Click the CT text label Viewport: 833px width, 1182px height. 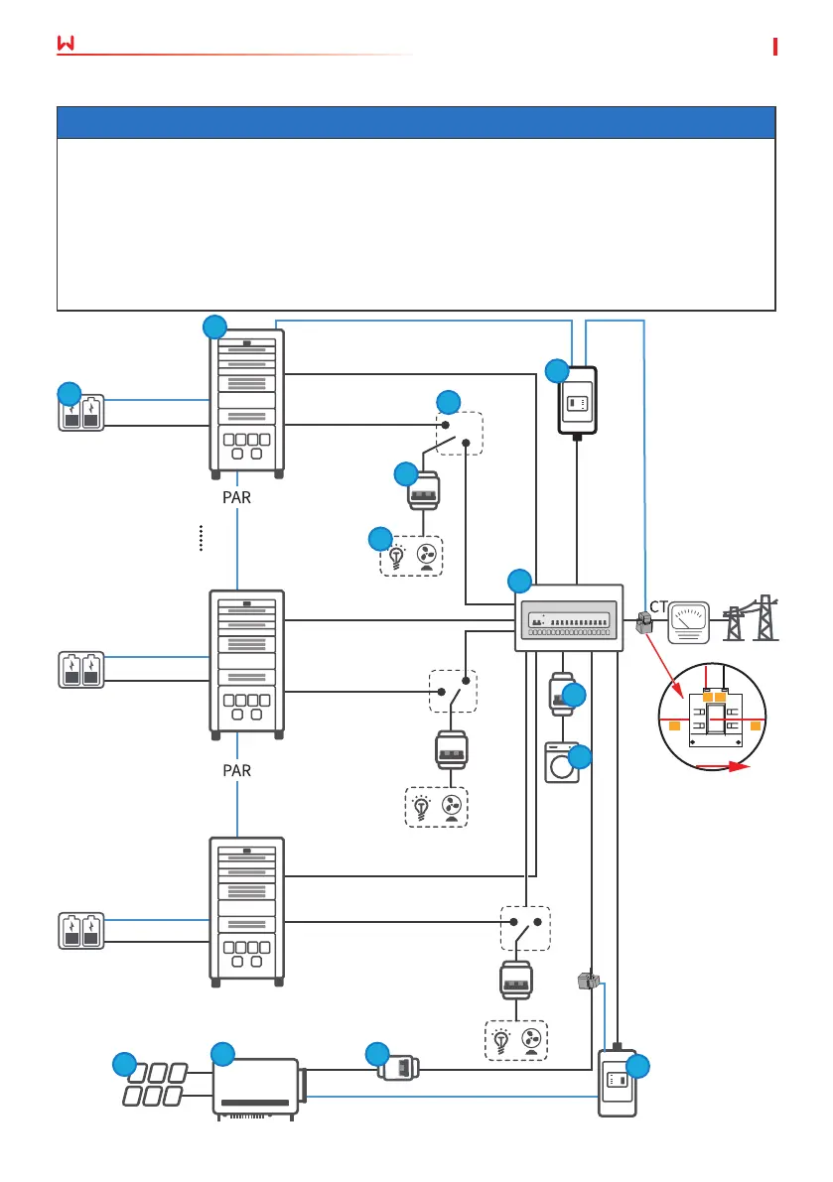658,605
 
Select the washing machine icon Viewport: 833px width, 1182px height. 562,761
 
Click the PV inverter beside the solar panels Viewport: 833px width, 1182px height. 256,1089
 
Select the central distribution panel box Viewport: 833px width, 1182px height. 568,617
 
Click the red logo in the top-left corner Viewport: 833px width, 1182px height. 67,46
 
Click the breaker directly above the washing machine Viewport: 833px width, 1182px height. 562,695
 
